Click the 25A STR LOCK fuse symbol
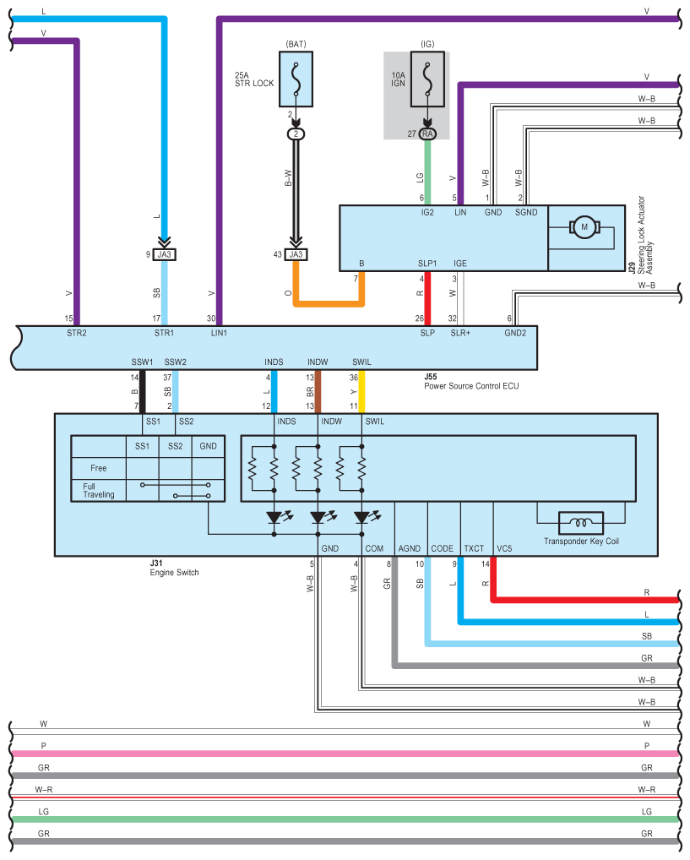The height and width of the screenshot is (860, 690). coord(296,79)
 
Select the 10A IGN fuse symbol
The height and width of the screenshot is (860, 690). coord(427,79)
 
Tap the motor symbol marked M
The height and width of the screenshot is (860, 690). coord(584,227)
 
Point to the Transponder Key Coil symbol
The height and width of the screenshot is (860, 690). coord(581,523)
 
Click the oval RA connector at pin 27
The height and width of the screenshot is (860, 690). coord(427,133)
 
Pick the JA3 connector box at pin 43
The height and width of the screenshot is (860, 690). coord(296,254)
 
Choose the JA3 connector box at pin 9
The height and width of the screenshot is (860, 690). coord(165,254)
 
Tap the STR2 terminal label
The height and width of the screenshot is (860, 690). coord(77,333)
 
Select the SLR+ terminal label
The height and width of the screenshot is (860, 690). coord(460,333)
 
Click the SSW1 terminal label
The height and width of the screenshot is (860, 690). coord(142,362)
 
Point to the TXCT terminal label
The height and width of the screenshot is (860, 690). coord(474,548)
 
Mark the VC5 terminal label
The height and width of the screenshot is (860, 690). coord(504,548)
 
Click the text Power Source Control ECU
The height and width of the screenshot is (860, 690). coord(471,386)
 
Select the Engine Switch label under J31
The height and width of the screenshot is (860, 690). coord(175,573)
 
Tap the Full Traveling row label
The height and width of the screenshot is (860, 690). coord(99,490)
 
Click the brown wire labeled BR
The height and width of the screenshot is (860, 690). coord(318,392)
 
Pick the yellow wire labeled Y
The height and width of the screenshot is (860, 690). coord(361,392)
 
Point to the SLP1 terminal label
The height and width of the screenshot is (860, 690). coord(427,264)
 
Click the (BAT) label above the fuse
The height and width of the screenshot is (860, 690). coord(296,44)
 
